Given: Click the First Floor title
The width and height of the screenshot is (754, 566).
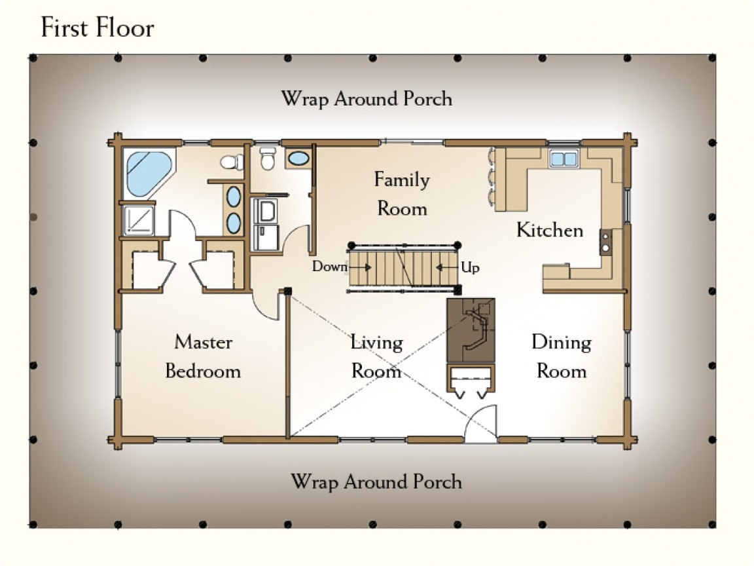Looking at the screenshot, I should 98,28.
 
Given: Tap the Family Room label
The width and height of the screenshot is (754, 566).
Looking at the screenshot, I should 401,194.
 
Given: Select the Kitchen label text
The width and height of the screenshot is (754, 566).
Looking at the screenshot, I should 549,230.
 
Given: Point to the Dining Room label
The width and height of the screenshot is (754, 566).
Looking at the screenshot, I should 561,356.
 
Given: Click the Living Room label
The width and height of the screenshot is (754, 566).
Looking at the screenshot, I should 376,356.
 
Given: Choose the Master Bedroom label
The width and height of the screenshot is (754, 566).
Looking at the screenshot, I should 203,356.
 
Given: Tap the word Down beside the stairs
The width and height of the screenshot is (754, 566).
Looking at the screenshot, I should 329,267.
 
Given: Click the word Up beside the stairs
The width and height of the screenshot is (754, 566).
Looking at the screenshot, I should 470,267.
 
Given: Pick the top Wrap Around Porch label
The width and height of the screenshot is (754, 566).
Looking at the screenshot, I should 367,99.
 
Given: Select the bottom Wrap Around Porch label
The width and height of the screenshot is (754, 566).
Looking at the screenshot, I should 376,481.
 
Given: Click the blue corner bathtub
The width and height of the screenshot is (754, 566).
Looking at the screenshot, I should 148,172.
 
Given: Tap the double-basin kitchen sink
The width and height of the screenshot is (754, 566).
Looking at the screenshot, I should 563,158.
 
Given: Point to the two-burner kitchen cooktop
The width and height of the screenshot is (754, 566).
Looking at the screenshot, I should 606,240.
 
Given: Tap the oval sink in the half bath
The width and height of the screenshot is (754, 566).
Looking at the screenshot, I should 299,158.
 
